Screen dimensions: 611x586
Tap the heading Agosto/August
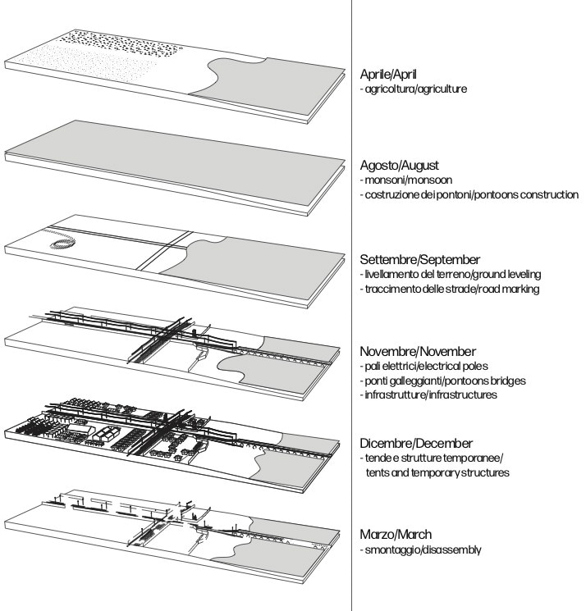tap(395, 164)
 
